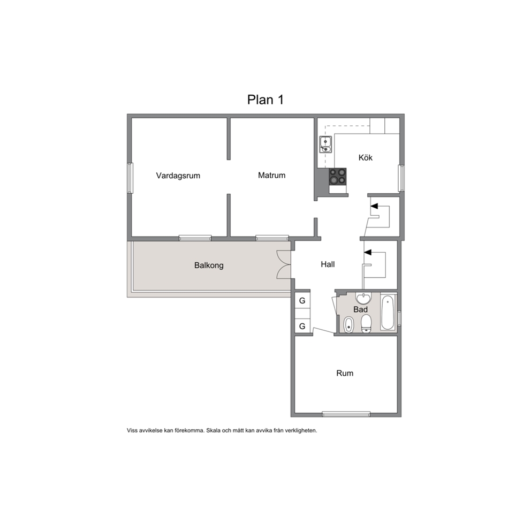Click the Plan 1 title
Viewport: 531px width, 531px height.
click(x=265, y=100)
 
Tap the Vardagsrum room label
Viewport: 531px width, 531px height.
click(x=178, y=176)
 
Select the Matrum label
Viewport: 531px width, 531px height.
click(x=271, y=175)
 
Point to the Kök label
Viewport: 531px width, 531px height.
click(x=366, y=157)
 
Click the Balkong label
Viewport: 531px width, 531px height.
click(x=209, y=265)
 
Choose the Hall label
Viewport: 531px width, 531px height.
click(x=328, y=264)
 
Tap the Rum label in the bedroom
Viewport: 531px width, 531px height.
click(x=345, y=373)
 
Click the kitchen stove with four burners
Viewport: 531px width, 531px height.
click(x=338, y=177)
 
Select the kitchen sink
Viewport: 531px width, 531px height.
click(x=325, y=145)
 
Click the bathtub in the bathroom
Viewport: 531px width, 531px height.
click(x=388, y=313)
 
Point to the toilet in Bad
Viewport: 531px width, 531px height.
click(x=366, y=324)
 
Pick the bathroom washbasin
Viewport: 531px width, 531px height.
click(x=363, y=298)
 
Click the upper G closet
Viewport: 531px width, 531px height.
click(x=302, y=300)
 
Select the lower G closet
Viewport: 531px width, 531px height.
click(x=302, y=326)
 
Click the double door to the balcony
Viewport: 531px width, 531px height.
click(x=284, y=264)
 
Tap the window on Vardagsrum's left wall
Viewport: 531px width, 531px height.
click(x=130, y=178)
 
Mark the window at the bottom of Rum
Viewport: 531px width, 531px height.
click(x=346, y=414)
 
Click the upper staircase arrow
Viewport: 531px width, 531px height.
click(x=374, y=206)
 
